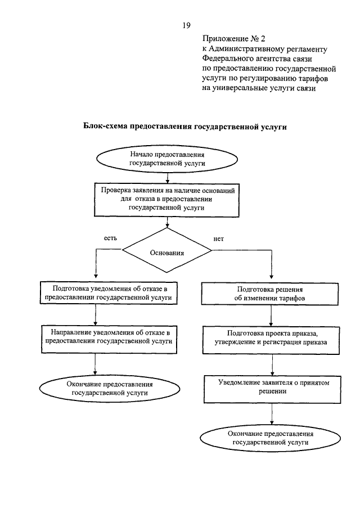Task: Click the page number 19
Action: (187, 25)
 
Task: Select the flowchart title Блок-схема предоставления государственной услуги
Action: (186, 127)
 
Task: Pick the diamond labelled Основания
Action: (167, 253)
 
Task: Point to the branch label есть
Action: (110, 238)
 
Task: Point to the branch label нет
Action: (219, 238)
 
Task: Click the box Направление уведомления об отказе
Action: (107, 337)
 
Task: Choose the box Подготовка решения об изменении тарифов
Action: (271, 294)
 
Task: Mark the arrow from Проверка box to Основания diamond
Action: (167, 222)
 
